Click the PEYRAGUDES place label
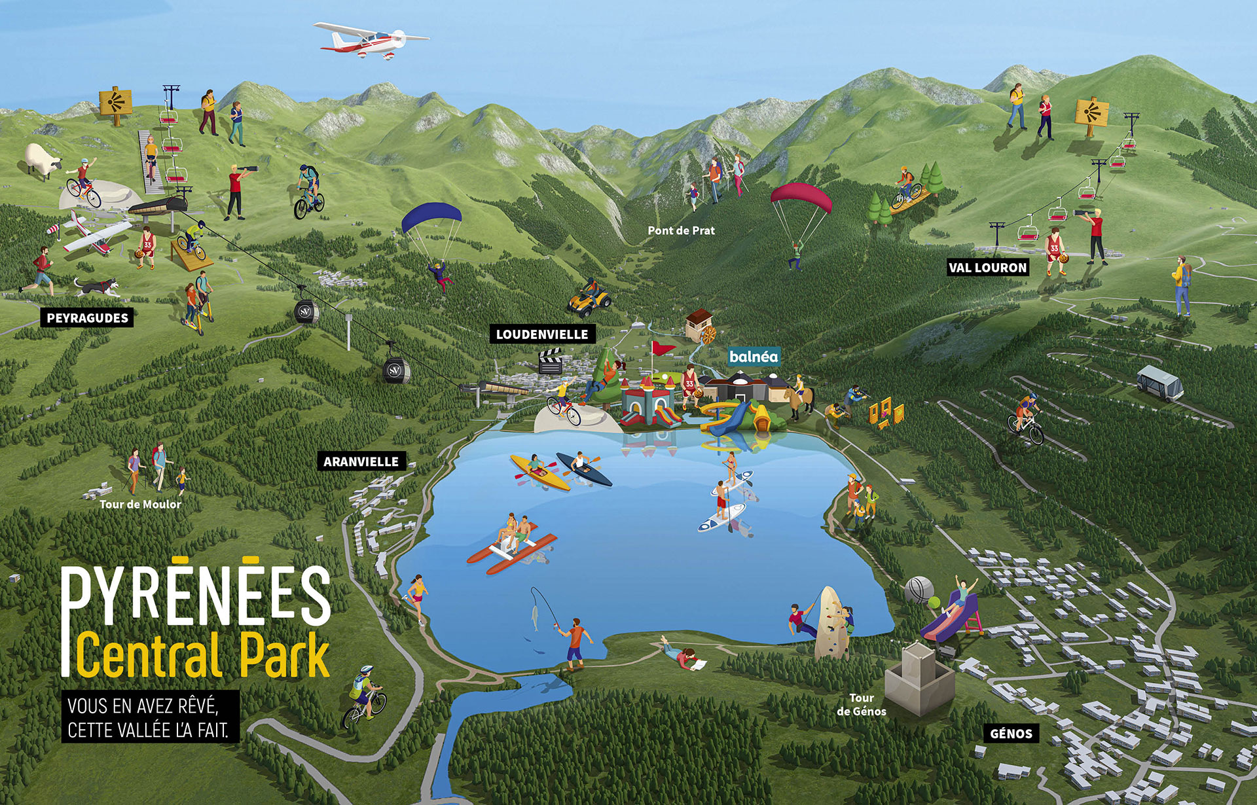87,318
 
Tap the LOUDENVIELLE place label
542,334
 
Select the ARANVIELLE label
361,461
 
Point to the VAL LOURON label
988,267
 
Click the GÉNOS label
1011,734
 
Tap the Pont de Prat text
681,230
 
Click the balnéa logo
754,357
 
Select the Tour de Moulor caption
140,504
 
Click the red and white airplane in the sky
370,39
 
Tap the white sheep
43,160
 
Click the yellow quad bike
589,302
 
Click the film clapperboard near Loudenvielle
550,361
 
